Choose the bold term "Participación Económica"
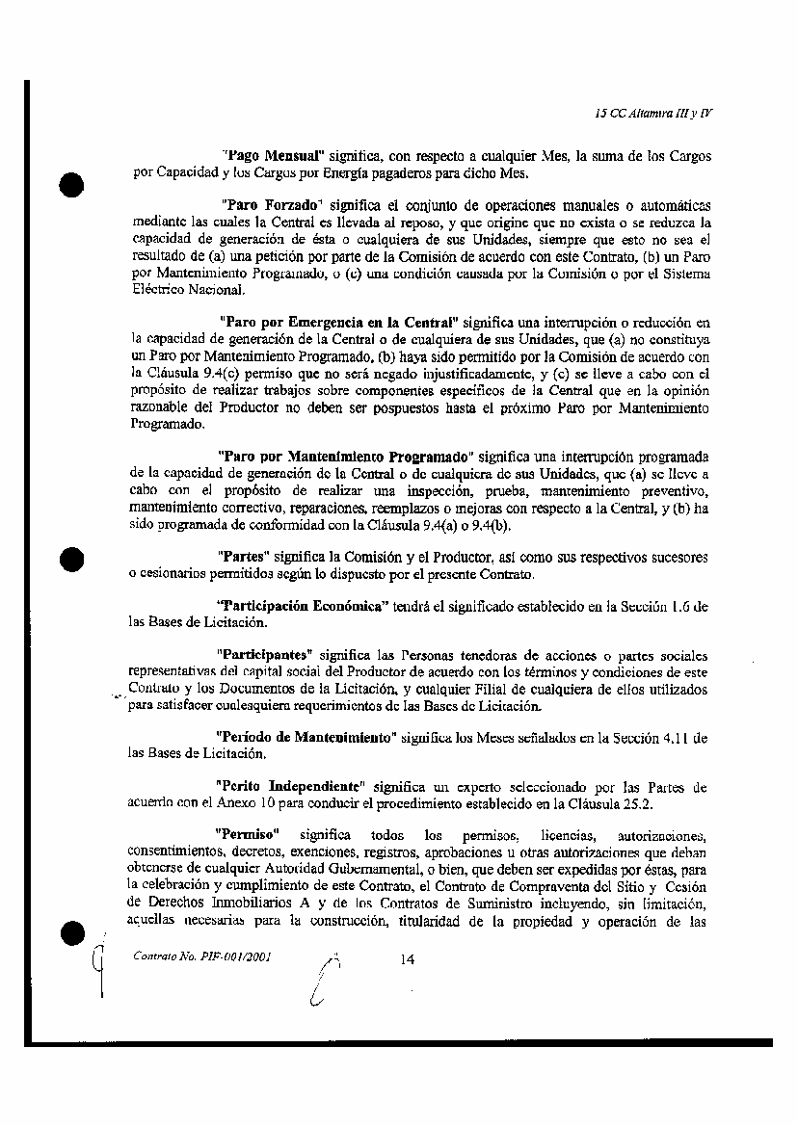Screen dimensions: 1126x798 pyautogui.click(x=303, y=606)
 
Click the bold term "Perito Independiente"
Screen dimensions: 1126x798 pyautogui.click(x=288, y=786)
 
